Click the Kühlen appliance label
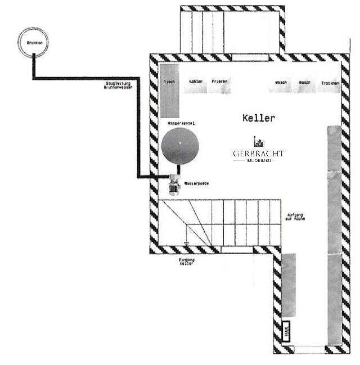[195, 82]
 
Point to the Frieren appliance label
[219, 82]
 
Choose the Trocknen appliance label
[330, 83]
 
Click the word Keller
[258, 118]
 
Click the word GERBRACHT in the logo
[259, 154]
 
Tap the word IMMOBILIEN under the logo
[259, 161]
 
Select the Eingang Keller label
[187, 262]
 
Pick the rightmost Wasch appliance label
[305, 83]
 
